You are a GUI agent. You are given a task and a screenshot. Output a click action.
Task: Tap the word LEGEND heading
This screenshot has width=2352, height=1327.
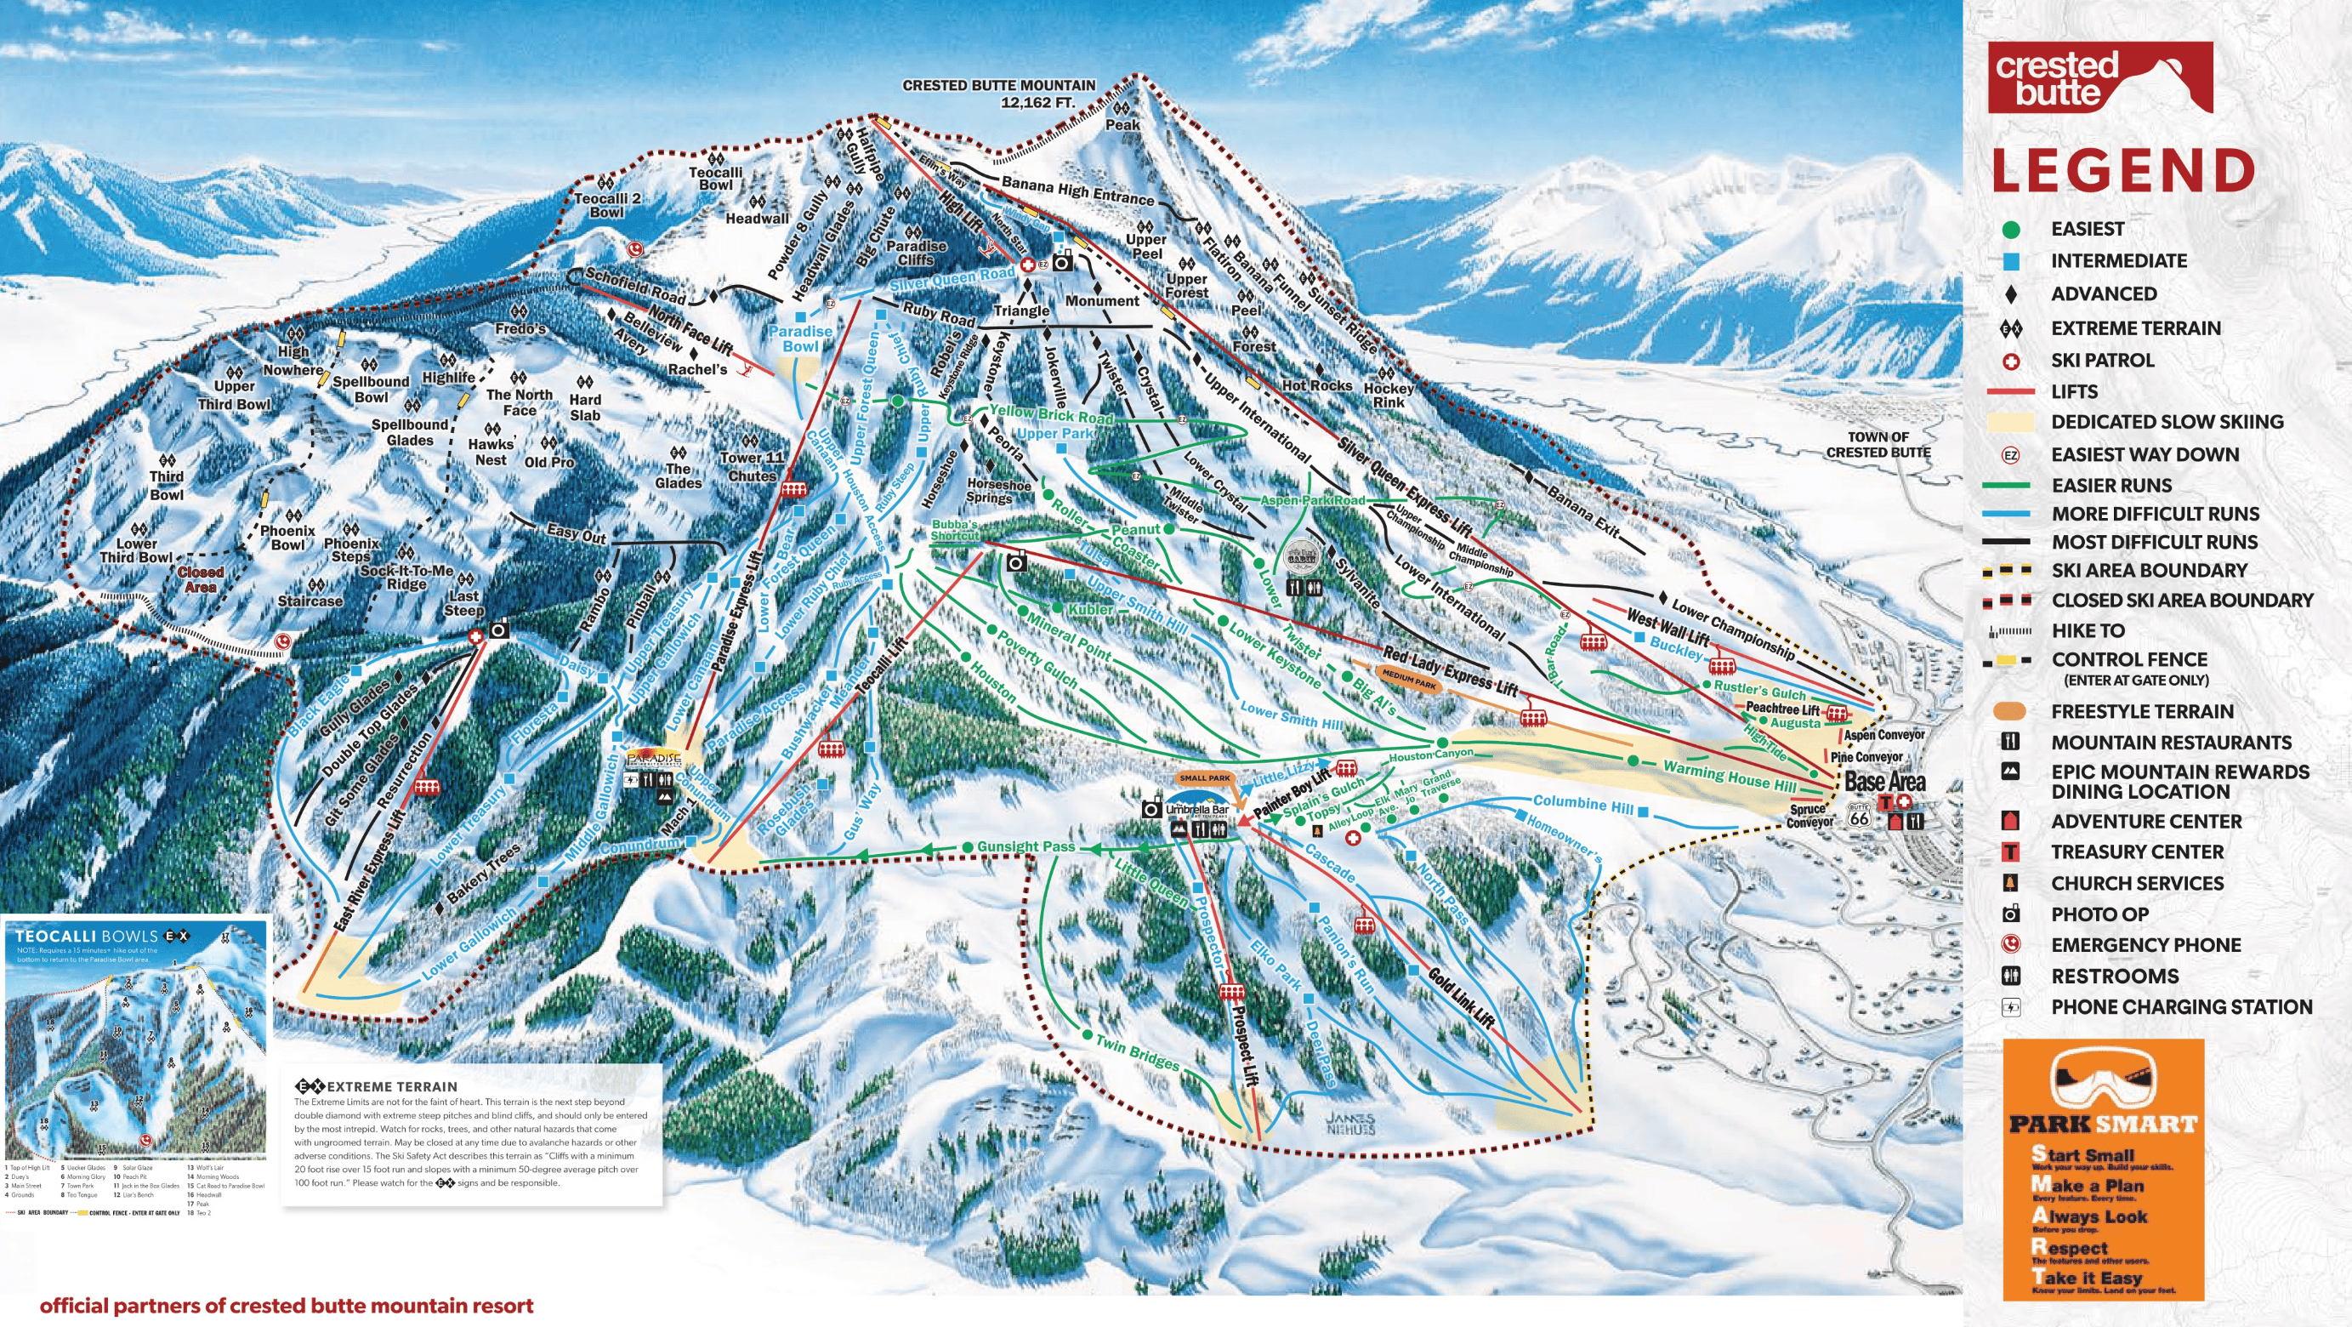[x=2122, y=171]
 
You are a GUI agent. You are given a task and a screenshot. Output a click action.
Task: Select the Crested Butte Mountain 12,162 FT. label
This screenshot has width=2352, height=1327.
[x=999, y=94]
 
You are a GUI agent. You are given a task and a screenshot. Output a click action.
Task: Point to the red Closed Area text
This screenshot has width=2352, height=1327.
[x=200, y=579]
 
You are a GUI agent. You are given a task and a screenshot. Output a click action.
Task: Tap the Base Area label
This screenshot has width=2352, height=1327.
[x=1884, y=782]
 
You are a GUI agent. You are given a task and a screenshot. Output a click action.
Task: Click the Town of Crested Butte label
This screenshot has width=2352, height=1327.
[x=1878, y=445]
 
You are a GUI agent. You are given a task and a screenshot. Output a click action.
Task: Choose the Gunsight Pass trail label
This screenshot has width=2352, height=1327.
[x=1026, y=846]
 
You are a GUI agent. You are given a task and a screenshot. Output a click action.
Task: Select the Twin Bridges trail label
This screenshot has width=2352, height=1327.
[x=1137, y=1052]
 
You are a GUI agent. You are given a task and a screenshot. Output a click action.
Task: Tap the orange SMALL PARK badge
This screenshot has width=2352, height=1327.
[x=1204, y=778]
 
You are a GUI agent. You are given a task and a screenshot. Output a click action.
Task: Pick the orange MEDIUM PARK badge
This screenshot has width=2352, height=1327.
[x=1409, y=679]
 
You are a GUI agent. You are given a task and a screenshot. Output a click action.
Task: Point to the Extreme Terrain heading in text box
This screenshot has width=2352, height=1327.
[x=391, y=1087]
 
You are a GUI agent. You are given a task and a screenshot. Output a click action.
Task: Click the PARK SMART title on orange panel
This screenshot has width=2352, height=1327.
[x=2103, y=1125]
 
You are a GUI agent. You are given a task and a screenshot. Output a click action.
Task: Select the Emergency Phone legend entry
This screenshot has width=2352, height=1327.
[x=2145, y=944]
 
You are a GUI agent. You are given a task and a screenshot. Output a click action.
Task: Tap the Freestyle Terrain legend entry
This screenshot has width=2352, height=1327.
[x=2142, y=711]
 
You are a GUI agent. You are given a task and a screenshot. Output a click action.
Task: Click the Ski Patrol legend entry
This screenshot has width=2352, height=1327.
[x=2102, y=360]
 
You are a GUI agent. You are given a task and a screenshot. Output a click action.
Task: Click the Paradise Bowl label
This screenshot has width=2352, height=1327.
[x=800, y=338]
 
